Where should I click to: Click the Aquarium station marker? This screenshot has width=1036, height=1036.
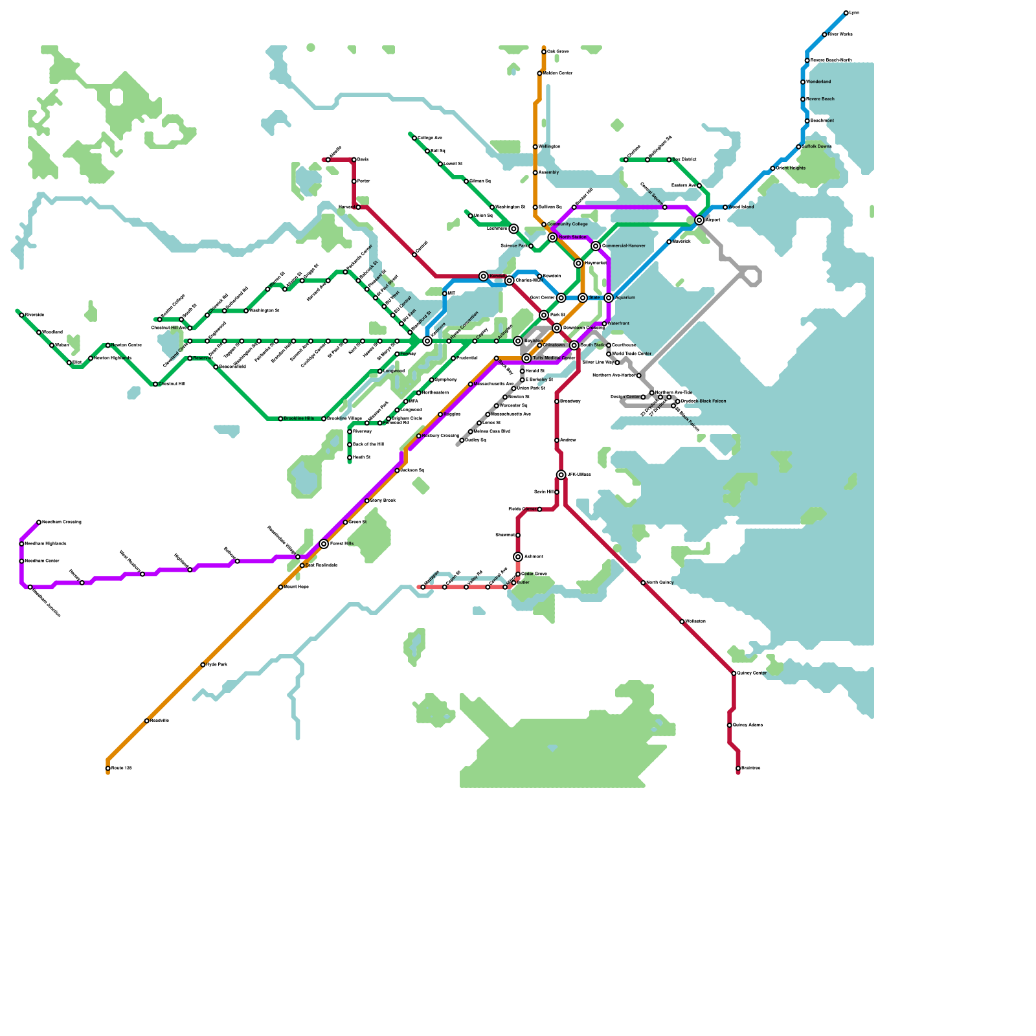point(609,298)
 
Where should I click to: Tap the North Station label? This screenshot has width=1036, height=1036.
point(572,238)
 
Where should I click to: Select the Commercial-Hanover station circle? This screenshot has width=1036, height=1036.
point(596,246)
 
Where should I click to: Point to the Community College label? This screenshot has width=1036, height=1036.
point(567,225)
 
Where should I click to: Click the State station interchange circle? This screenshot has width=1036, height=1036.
point(583,298)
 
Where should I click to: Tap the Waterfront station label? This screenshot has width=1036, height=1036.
point(618,324)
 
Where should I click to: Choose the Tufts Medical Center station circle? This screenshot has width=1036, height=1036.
point(526,358)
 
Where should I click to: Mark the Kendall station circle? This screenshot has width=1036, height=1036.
point(483,276)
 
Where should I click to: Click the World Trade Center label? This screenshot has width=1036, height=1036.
point(631,354)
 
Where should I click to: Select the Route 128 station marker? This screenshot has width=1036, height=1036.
point(107,769)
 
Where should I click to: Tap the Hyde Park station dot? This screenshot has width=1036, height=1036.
point(203,665)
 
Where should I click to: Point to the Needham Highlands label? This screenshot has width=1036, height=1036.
point(45,544)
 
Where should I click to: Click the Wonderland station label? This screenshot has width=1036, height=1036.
point(818,82)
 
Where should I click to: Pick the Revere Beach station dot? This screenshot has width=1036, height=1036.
point(803,99)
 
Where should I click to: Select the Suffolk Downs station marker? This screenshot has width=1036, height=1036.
point(798,147)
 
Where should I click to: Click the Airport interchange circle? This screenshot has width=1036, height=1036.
point(699,220)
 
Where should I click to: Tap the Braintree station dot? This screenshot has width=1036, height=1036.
point(738,769)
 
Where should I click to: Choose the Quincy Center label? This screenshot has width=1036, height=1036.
point(751,673)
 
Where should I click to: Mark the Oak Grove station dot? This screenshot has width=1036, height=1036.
point(544,52)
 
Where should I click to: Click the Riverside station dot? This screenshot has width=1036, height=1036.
point(21,315)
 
